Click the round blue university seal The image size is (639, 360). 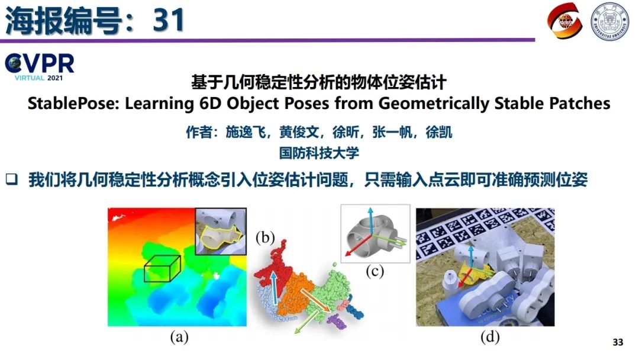click(x=609, y=21)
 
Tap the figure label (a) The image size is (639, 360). click(x=179, y=337)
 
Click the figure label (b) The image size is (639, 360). click(x=266, y=239)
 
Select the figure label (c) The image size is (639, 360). click(x=375, y=272)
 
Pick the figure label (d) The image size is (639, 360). click(x=490, y=337)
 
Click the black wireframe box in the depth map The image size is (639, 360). click(x=162, y=269)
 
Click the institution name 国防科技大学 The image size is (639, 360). click(x=319, y=153)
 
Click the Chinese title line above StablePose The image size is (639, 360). click(x=318, y=82)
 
